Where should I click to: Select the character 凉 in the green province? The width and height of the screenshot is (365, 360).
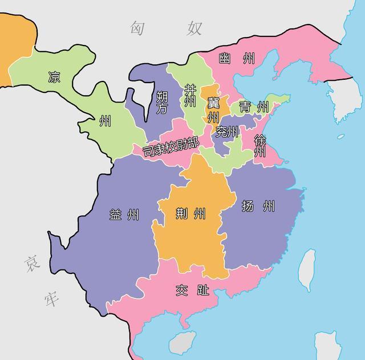(54, 76)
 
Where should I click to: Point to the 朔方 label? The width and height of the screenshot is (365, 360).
(162, 102)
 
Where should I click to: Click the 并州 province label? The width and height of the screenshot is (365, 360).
(189, 96)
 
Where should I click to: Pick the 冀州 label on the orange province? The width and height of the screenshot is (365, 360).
(213, 109)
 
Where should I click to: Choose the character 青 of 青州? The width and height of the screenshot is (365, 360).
(246, 107)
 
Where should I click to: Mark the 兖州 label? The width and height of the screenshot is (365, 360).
(227, 132)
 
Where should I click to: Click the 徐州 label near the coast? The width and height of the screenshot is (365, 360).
(259, 146)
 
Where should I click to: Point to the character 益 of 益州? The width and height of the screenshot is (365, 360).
(115, 215)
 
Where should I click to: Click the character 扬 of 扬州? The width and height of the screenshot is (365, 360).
(248, 206)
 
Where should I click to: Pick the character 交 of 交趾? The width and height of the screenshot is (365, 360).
(181, 291)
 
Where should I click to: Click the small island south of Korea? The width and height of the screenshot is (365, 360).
(340, 137)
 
